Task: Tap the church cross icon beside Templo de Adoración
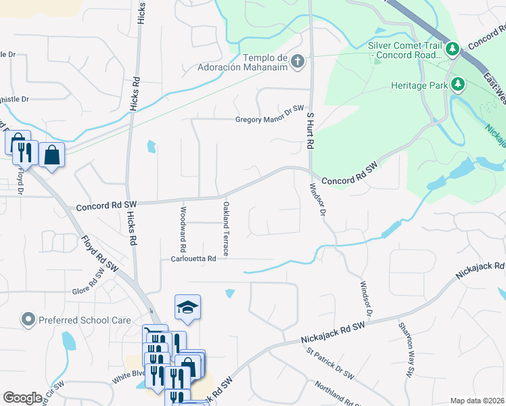[297, 63]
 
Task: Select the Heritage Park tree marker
[459, 85]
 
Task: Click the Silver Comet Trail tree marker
[454, 49]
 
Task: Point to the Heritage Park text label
[420, 85]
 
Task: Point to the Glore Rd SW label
[90, 290]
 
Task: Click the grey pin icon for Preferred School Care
[28, 318]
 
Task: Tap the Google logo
[22, 397]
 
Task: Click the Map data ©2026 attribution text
[476, 401]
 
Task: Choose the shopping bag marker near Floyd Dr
[51, 155]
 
